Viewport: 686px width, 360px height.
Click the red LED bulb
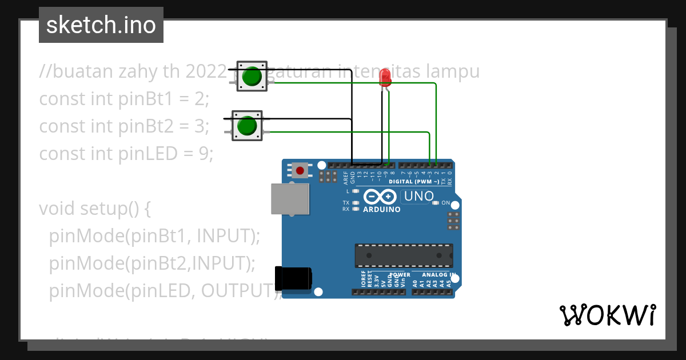tap(385, 77)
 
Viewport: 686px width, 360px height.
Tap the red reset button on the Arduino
tap(300, 170)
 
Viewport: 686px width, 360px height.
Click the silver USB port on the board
tap(290, 199)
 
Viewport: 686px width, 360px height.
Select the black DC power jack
tap(293, 279)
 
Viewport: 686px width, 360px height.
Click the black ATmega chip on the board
tap(404, 255)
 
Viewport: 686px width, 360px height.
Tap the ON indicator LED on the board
tap(436, 203)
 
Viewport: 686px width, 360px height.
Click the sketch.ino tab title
tap(101, 25)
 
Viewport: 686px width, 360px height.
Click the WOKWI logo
tap(607, 315)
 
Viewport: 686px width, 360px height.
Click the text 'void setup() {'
tap(95, 209)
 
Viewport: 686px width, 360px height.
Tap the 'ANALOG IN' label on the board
tap(436, 275)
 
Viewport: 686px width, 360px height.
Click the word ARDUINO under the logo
tap(381, 209)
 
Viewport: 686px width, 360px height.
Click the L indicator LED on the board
tap(356, 191)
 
